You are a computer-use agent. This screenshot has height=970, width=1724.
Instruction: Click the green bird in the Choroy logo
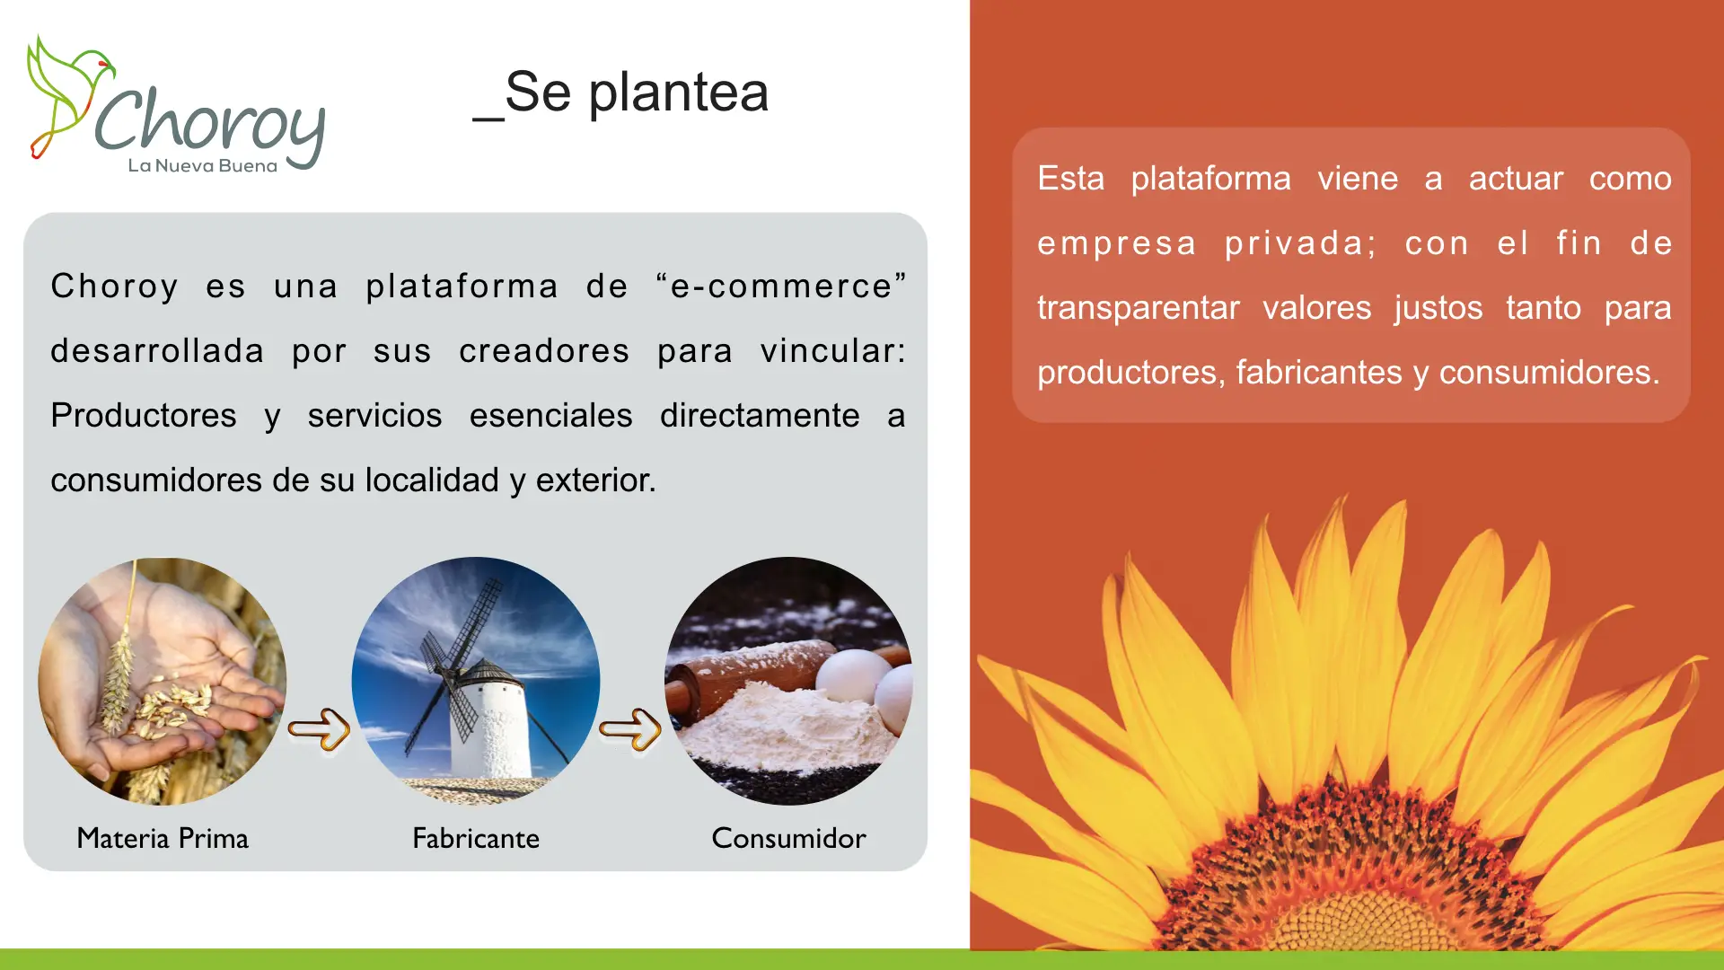[67, 94]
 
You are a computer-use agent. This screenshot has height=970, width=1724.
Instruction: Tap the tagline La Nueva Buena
[203, 165]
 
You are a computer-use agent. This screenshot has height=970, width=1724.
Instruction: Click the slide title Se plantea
[620, 93]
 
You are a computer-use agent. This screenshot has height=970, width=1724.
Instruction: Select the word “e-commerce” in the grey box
[781, 287]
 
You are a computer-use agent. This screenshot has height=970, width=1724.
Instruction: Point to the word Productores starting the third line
[144, 416]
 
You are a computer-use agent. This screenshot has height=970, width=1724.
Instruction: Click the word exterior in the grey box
[595, 481]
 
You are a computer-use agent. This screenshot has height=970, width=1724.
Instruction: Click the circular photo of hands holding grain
[163, 682]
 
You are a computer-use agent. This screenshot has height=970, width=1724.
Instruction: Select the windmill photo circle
[476, 682]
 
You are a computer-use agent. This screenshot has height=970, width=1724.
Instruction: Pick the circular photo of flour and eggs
[788, 682]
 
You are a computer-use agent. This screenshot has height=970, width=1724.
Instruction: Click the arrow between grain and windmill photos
[319, 728]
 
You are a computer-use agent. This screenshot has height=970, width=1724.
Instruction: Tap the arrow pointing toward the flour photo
[630, 728]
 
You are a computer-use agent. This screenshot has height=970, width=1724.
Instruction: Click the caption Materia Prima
[163, 838]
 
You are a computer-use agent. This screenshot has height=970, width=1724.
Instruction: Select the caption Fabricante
[476, 838]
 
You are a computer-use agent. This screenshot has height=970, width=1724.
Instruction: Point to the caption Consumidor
[788, 838]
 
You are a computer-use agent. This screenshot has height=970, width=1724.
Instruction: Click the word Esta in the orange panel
[1070, 179]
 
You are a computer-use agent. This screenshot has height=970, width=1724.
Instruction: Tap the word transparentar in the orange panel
[1138, 308]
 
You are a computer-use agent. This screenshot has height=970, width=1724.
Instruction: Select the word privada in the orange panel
[1300, 243]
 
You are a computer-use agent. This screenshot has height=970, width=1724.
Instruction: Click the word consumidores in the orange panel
[1549, 373]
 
